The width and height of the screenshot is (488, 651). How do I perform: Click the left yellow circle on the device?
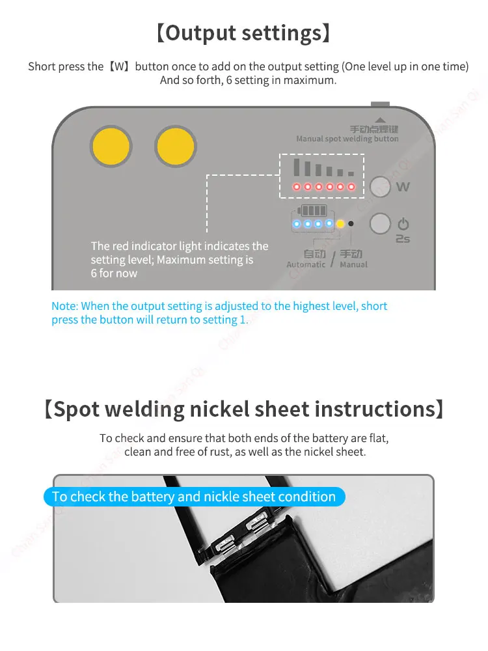coord(111,146)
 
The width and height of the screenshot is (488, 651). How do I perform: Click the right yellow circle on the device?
coord(176,146)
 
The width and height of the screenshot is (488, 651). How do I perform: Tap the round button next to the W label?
coord(380,186)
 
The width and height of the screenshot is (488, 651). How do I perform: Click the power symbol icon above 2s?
coord(403,224)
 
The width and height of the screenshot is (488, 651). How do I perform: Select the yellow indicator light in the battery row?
coord(340,224)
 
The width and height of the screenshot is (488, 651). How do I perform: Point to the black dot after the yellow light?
coord(351,224)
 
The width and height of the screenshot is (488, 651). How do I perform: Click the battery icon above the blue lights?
coord(312,210)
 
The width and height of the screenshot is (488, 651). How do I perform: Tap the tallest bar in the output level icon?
coord(297,167)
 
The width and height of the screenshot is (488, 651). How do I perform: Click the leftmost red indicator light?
coord(297,187)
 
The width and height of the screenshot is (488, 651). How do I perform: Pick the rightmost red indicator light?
coord(351,187)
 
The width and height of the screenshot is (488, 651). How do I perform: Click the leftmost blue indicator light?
coord(297,224)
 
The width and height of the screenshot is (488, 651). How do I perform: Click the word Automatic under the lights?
coord(306,264)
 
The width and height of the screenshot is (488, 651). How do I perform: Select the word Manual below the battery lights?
coord(353,264)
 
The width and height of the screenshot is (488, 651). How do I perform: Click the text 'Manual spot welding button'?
coord(347,139)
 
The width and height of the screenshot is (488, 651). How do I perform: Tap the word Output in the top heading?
coord(201,33)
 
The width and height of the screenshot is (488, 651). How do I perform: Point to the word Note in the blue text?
coord(64,306)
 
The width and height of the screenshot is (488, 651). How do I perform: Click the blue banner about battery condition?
coord(194,497)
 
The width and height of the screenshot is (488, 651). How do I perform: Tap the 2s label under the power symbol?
coord(403,239)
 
